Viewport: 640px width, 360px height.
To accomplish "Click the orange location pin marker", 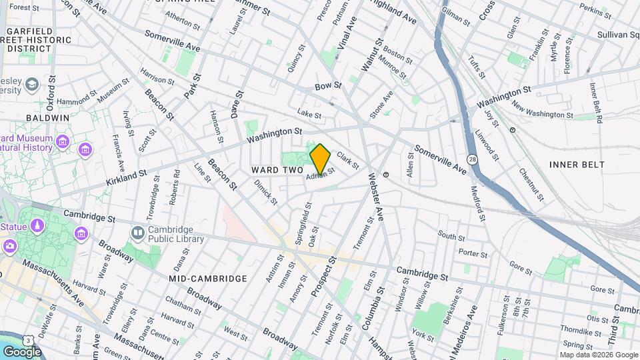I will [x=320, y=159].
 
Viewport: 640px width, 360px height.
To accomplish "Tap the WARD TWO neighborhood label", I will [x=277, y=171].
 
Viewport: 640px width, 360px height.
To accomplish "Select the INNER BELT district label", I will [x=577, y=164].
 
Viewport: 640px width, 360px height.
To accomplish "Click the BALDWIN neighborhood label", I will [x=47, y=117].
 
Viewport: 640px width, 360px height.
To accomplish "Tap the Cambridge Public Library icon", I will [x=138, y=233].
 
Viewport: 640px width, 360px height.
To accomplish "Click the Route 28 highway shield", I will [x=473, y=160].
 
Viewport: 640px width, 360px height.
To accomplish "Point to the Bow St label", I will [x=328, y=86].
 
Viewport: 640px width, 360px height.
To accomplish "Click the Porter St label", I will [x=473, y=253].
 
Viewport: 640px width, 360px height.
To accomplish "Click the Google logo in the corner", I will [x=22, y=351].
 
